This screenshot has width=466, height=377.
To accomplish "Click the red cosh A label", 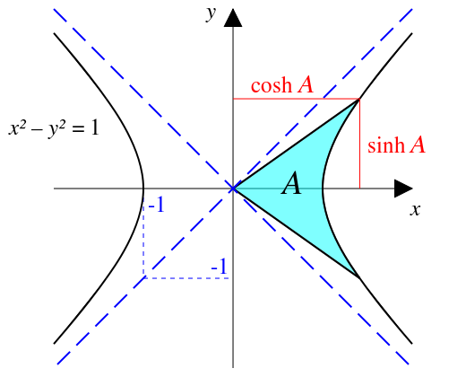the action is click(x=282, y=85).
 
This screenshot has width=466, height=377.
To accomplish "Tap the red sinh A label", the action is click(x=396, y=145).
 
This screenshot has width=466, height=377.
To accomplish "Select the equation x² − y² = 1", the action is click(x=54, y=129).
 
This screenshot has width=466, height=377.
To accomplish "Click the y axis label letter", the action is click(x=211, y=13).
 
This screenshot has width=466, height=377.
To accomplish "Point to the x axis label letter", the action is click(x=415, y=210).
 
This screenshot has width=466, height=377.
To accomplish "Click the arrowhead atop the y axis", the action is click(x=233, y=18).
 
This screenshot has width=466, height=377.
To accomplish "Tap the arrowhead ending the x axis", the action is click(x=403, y=188).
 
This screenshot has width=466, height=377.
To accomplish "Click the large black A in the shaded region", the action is click(x=291, y=183).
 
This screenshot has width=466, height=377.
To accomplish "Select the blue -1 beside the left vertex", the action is click(x=156, y=206).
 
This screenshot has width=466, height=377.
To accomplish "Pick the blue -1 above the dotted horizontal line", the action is click(x=219, y=267).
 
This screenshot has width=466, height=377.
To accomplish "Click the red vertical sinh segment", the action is click(x=359, y=144).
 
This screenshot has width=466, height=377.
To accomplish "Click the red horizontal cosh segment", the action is click(x=297, y=99).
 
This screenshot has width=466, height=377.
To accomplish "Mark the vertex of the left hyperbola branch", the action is click(x=143, y=188).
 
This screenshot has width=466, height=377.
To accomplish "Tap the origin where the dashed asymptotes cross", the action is click(x=233, y=188).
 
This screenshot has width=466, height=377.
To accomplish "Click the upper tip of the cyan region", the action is click(x=359, y=99).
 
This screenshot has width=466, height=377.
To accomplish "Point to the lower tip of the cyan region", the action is click(x=359, y=278).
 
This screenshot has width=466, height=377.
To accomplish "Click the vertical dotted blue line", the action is click(x=143, y=238).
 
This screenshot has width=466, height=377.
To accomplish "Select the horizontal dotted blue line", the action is click(x=186, y=278).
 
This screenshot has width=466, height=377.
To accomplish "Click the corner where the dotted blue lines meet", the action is click(x=143, y=278).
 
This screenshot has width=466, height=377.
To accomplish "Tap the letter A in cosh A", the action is click(x=306, y=85).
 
